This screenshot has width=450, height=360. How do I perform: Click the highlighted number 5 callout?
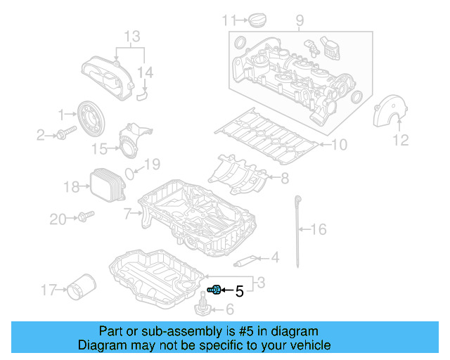pyautogui.click(x=239, y=290)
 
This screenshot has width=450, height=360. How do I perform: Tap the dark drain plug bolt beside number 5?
pyautogui.click(x=216, y=289)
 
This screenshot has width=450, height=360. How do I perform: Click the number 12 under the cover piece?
pyautogui.click(x=400, y=141)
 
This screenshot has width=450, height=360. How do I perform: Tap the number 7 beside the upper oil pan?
pyautogui.click(x=127, y=212)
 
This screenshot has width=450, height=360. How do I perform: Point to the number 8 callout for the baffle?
pyautogui.click(x=284, y=179)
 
